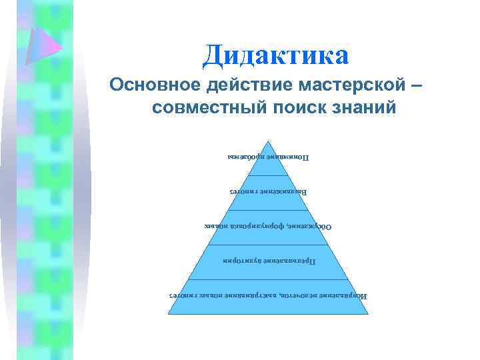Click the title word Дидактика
[275, 55]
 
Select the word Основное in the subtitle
[155, 85]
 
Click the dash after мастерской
[417, 85]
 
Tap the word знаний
[363, 107]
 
